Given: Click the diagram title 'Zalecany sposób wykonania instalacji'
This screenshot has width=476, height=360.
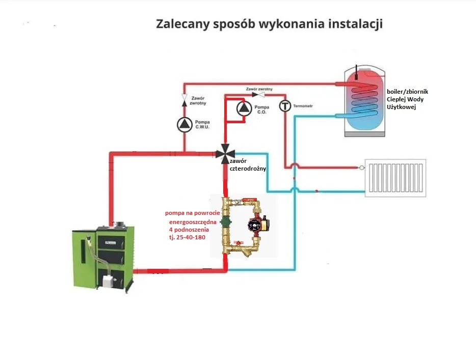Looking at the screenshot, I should click(x=269, y=24).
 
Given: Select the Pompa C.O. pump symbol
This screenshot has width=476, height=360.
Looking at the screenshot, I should click(x=244, y=108).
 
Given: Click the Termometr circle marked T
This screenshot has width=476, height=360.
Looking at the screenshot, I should click(x=285, y=106).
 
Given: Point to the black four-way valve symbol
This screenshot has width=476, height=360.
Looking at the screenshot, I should click(x=225, y=153).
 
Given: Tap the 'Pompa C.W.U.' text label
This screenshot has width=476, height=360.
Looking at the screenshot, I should click(x=202, y=125).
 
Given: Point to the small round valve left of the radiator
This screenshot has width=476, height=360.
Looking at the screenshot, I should click(x=362, y=167).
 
